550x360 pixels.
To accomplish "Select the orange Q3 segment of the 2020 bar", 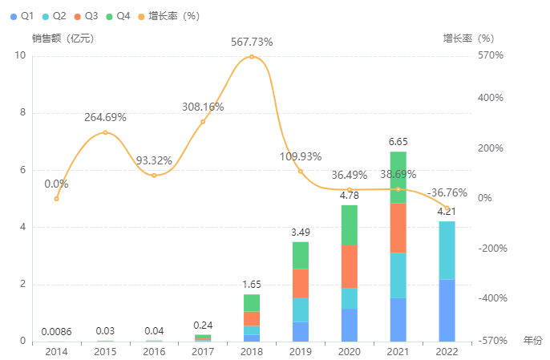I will pos(349,266).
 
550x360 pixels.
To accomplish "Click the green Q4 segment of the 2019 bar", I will pos(300,255).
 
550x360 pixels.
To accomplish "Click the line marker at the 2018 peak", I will pos(252,56).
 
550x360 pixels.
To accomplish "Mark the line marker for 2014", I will pos(56,199).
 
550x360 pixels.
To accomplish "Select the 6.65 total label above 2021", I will pos(398,142).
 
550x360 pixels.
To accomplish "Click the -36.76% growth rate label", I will pos(447,192).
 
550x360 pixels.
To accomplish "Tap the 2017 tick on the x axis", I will pos(203,351).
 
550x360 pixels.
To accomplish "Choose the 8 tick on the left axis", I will pos(22,113).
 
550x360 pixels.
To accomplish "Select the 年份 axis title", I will pos(532,341).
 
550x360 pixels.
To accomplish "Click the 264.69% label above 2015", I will pos(105,118).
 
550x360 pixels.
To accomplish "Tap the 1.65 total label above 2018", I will pos(252,285).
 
